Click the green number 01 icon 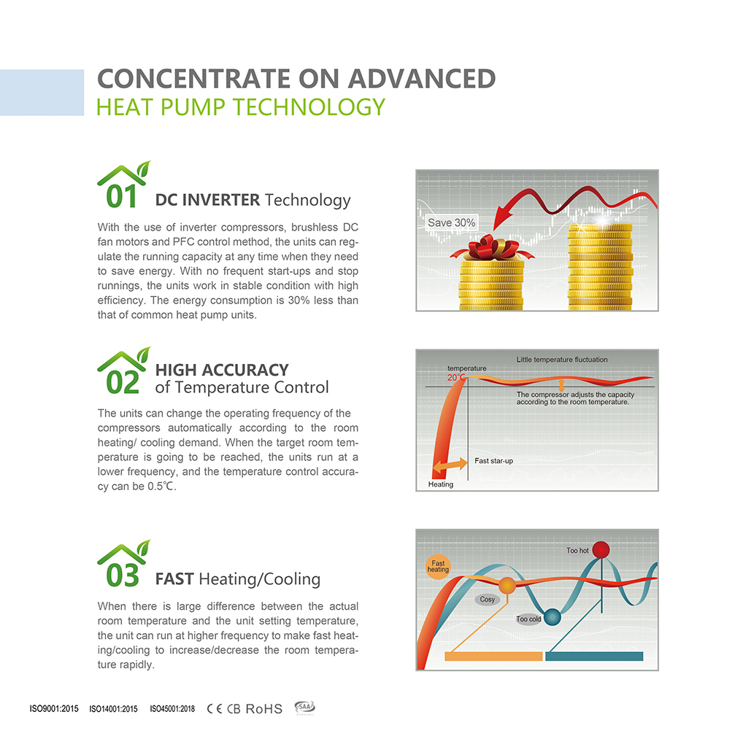point(123,185)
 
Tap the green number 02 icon point(123,371)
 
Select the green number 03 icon point(123,564)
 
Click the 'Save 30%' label point(451,222)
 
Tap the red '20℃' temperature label point(455,378)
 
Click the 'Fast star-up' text point(494,461)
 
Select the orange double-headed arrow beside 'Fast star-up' point(450,465)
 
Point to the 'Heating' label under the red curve point(441,484)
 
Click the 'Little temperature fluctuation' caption point(562,360)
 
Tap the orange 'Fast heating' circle point(438,567)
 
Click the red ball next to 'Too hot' point(601,550)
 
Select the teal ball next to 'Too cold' point(552,617)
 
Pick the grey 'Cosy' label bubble point(487,600)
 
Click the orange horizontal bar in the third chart point(493,656)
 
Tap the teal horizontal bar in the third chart point(594,656)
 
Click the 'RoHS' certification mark point(263,709)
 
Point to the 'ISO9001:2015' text point(54,709)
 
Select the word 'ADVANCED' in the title point(422,79)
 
